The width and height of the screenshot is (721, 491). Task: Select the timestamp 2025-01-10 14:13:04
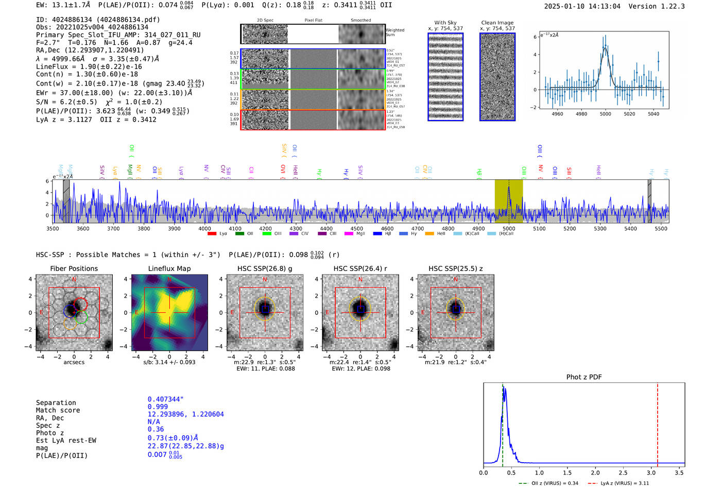[582, 6]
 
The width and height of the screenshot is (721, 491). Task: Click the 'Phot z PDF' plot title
[584, 377]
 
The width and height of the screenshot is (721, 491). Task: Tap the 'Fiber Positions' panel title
[74, 268]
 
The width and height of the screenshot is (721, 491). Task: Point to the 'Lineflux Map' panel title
[169, 268]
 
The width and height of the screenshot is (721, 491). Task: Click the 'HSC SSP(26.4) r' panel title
[360, 268]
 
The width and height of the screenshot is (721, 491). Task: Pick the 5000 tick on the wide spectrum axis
[509, 228]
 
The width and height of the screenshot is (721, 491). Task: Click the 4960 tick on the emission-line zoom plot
[557, 114]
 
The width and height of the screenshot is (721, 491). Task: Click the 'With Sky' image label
[445, 23]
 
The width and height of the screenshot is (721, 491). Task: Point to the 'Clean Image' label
[497, 23]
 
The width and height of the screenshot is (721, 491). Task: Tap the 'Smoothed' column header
[360, 21]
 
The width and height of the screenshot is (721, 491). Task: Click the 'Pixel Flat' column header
[313, 21]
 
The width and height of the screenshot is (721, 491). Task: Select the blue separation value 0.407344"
[165, 399]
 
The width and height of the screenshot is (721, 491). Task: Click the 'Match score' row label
[58, 410]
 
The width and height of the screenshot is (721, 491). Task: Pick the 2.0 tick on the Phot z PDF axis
[595, 472]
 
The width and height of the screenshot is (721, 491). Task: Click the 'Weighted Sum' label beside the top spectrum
[394, 32]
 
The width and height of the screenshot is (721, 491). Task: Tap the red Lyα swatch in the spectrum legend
[212, 234]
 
